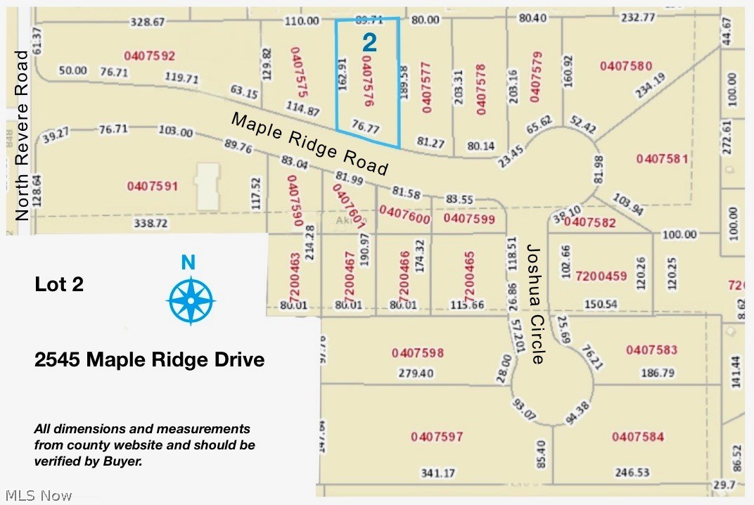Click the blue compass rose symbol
pyautogui.click(x=191, y=300)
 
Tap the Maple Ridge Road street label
pyautogui.click(x=309, y=144)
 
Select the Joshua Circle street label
pyautogui.click(x=536, y=304)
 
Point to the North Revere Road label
pyautogui.click(x=23, y=135)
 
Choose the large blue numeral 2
pyautogui.click(x=369, y=43)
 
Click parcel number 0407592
pyautogui.click(x=149, y=55)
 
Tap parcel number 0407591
pyautogui.click(x=153, y=186)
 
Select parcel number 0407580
pyautogui.click(x=626, y=65)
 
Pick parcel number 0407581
pyautogui.click(x=662, y=158)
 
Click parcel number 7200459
pyautogui.click(x=601, y=276)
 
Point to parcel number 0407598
pyautogui.click(x=418, y=352)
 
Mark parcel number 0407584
pyautogui.click(x=637, y=437)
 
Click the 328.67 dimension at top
pyautogui.click(x=148, y=22)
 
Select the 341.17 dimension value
pyautogui.click(x=437, y=473)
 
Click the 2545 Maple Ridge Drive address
pyautogui.click(x=149, y=360)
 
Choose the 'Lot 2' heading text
pyautogui.click(x=59, y=284)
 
